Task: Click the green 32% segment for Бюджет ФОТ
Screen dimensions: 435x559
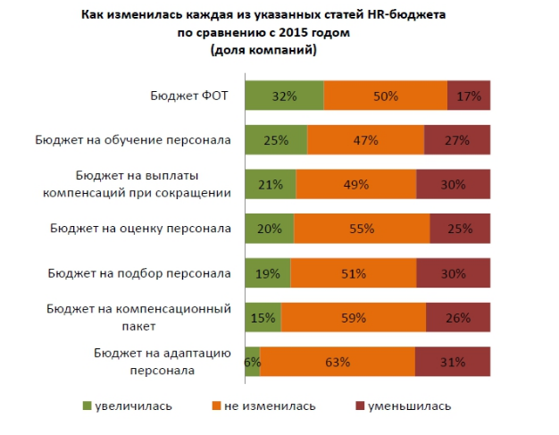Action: [284, 96]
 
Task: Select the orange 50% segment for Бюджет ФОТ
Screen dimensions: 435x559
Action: [385, 96]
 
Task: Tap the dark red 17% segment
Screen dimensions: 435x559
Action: [469, 96]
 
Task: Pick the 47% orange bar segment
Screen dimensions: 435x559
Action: [365, 140]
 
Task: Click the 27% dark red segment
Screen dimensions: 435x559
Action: [457, 140]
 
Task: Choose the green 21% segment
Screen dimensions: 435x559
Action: [271, 184]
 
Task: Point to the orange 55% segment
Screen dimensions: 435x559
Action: [362, 229]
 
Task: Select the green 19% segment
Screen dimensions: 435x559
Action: [268, 273]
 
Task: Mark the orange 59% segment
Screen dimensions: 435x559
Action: [354, 317]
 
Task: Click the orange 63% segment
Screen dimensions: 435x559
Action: [338, 362]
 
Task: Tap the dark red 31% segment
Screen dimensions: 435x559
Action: [453, 362]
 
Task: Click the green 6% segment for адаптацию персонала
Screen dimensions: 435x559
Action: [253, 362]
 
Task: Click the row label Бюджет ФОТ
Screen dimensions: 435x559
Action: [191, 96]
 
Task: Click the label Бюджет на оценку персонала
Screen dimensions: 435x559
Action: [141, 229]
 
